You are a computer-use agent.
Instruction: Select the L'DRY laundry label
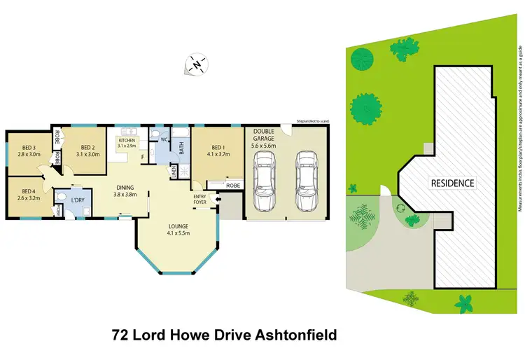[x=77, y=201]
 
